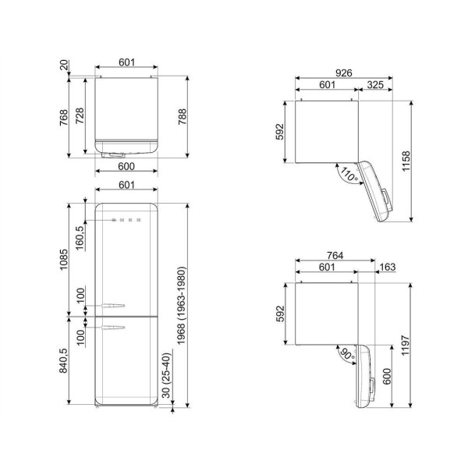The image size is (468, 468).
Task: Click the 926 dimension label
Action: pyautogui.click(x=344, y=73)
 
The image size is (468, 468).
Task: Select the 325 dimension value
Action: pyautogui.click(x=374, y=85)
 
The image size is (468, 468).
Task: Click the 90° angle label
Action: pyautogui.click(x=346, y=353)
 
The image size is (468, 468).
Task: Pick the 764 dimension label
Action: pyautogui.click(x=337, y=255)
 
